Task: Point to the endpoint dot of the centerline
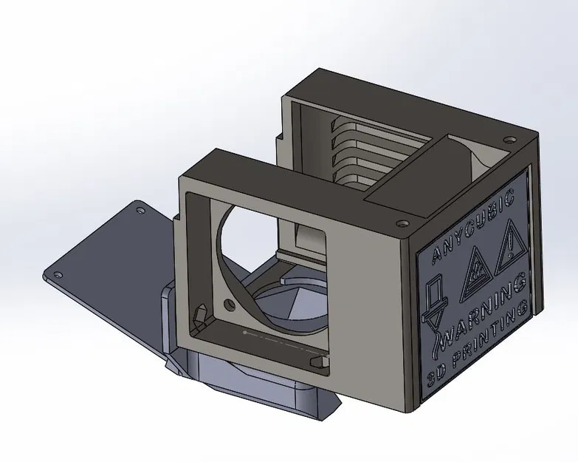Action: pos(245,333)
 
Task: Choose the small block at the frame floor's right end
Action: pos(318,361)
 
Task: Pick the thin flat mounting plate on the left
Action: pos(103,259)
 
